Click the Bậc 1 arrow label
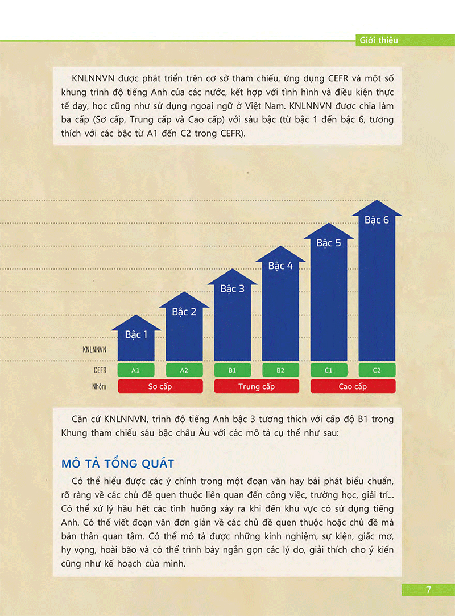click(136, 334)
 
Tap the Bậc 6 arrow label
click(377, 220)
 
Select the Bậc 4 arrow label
click(280, 266)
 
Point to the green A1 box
click(136, 370)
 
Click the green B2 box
click(280, 370)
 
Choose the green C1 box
click(329, 370)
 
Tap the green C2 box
click(377, 370)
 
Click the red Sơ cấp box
click(160, 387)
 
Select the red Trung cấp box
click(257, 387)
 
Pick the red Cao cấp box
click(353, 387)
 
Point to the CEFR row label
click(100, 370)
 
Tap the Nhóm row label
click(100, 387)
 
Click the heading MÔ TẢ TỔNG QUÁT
click(118, 464)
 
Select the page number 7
click(428, 590)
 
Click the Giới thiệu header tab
click(379, 40)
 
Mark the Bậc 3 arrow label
click(232, 289)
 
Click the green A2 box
click(184, 370)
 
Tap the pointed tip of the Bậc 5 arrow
click(329, 224)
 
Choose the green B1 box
click(232, 370)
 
